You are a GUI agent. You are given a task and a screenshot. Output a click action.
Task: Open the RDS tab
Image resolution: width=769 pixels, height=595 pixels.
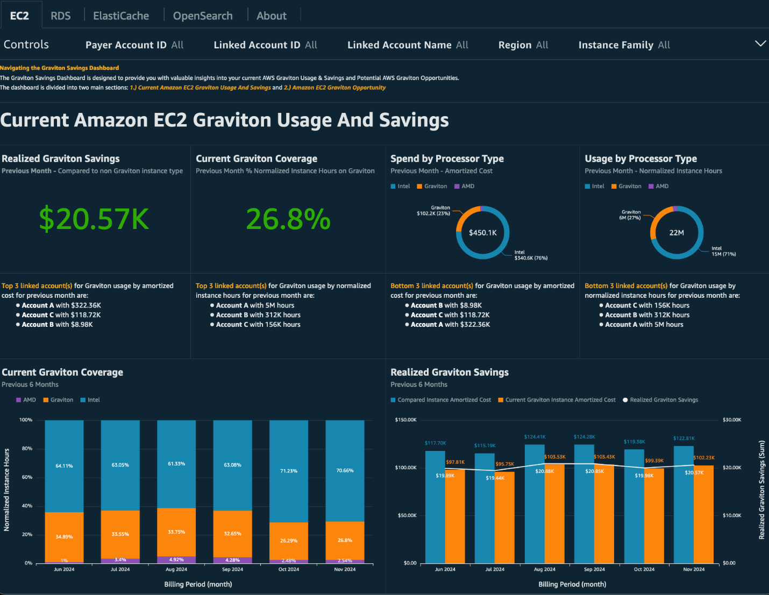(x=60, y=16)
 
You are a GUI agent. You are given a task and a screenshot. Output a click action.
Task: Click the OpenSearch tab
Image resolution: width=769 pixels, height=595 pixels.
(x=203, y=16)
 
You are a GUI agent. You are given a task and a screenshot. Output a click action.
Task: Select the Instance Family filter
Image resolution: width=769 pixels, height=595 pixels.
(x=624, y=45)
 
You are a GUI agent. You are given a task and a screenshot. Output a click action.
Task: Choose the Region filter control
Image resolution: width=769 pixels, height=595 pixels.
(x=523, y=45)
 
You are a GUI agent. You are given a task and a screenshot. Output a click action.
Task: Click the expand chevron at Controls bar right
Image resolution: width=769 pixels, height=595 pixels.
(x=760, y=44)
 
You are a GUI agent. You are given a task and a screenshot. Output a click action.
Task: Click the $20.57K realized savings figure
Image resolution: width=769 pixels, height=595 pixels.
(x=94, y=219)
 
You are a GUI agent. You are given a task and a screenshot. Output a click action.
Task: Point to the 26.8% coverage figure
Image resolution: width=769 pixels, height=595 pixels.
(x=288, y=219)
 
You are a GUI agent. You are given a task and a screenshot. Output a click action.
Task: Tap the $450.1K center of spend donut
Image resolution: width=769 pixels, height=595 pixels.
(x=482, y=233)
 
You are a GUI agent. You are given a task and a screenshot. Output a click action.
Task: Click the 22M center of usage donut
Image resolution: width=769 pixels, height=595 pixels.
(x=677, y=233)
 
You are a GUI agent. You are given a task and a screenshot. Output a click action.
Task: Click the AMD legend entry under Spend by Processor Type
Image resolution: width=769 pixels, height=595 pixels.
(x=464, y=187)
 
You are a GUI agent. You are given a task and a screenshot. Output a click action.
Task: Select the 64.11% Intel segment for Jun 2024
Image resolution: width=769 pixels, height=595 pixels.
(x=64, y=466)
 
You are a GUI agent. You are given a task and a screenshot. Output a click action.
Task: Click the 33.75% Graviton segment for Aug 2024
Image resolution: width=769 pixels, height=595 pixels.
(x=176, y=532)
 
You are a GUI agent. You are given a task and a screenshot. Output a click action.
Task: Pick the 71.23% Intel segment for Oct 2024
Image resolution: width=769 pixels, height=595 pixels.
(x=289, y=471)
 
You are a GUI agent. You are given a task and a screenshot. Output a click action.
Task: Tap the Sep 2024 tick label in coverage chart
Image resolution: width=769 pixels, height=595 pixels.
(x=232, y=569)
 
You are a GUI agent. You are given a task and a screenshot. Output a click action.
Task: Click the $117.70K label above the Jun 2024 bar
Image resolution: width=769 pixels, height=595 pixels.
(x=435, y=443)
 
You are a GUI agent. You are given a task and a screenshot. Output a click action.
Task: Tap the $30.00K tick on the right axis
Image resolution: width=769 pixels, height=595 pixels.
(x=732, y=420)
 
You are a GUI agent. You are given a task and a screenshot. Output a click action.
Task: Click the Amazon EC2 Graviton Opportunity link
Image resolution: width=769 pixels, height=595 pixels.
(x=334, y=88)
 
